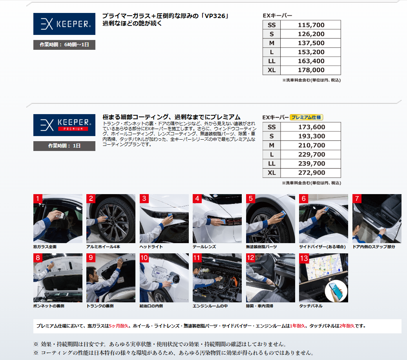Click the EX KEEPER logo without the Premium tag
64,24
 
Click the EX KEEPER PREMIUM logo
64,125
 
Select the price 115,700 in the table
311,25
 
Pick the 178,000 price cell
311,70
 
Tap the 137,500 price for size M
311,43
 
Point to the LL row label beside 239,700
272,164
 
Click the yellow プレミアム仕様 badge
306,117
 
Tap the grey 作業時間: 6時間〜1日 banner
64,45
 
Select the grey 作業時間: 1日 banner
64,146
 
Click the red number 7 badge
357,199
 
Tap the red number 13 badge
304,258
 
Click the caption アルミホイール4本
103,247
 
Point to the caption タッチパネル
311,306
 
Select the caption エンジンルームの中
210,306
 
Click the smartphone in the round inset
336,291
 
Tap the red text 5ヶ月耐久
119,326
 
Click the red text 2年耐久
347,326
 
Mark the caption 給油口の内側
151,306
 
